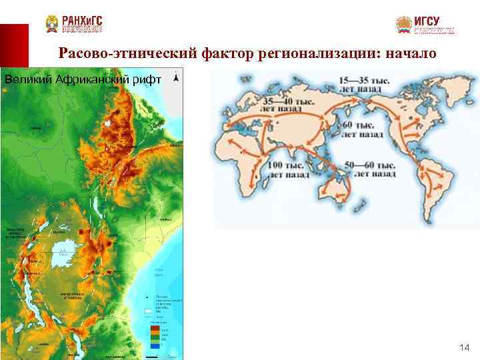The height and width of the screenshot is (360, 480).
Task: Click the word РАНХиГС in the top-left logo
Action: click(x=82, y=21)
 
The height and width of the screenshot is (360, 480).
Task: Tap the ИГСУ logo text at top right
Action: click(x=427, y=21)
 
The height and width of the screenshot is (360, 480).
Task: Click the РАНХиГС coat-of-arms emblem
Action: click(x=52, y=24)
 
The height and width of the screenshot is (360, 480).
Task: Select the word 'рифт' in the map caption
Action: click(x=146, y=79)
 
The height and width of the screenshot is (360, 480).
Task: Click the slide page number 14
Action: click(x=465, y=348)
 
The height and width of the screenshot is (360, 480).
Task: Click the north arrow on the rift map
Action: click(x=175, y=78)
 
